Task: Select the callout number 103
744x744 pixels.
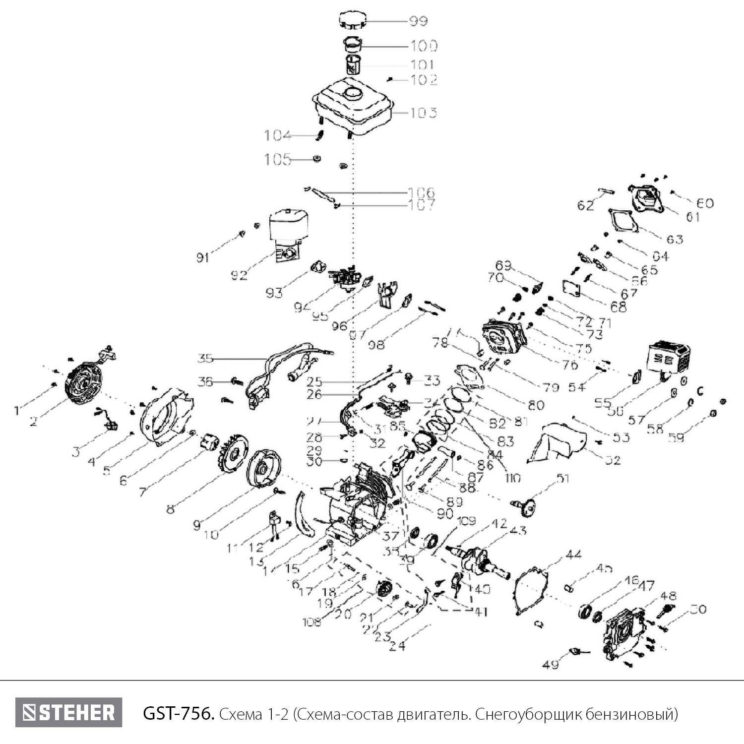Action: [424, 113]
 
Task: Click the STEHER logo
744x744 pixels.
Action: [68, 713]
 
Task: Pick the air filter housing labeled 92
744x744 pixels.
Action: [288, 233]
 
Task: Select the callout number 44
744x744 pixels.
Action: [573, 555]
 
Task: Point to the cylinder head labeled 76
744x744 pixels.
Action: [505, 337]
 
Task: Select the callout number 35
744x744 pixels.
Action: [205, 358]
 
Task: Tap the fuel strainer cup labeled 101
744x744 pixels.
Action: [353, 65]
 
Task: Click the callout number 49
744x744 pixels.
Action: [551, 664]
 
